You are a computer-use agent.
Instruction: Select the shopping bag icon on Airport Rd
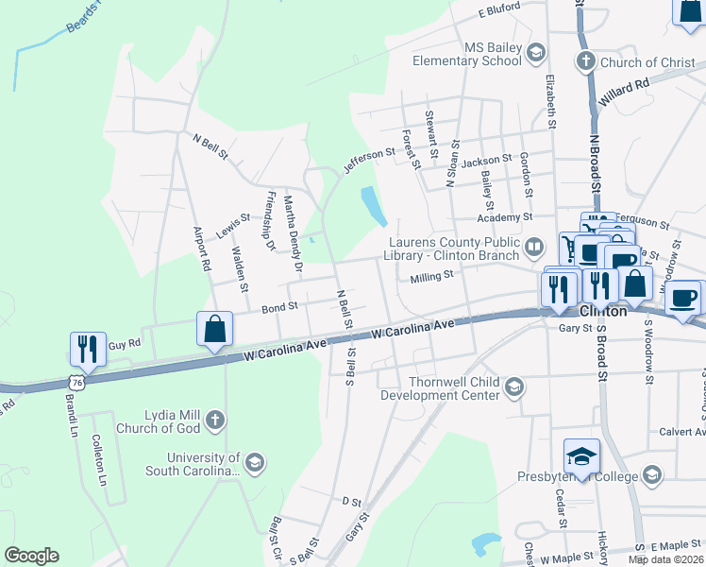coord(215,330)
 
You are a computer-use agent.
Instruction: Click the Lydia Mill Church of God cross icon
coord(215,421)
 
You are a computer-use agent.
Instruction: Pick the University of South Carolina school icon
coord(254,463)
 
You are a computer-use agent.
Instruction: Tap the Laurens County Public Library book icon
coord(534,248)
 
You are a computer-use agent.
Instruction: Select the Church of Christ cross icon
coord(585,62)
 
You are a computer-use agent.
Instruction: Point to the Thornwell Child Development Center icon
coord(514,387)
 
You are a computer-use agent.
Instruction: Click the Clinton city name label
coord(603,310)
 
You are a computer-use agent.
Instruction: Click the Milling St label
coord(431,276)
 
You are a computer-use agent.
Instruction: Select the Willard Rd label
coord(624,91)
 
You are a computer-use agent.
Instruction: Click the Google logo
coord(31,556)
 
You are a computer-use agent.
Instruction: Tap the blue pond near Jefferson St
coord(373,205)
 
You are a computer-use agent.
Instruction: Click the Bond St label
coord(279,307)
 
